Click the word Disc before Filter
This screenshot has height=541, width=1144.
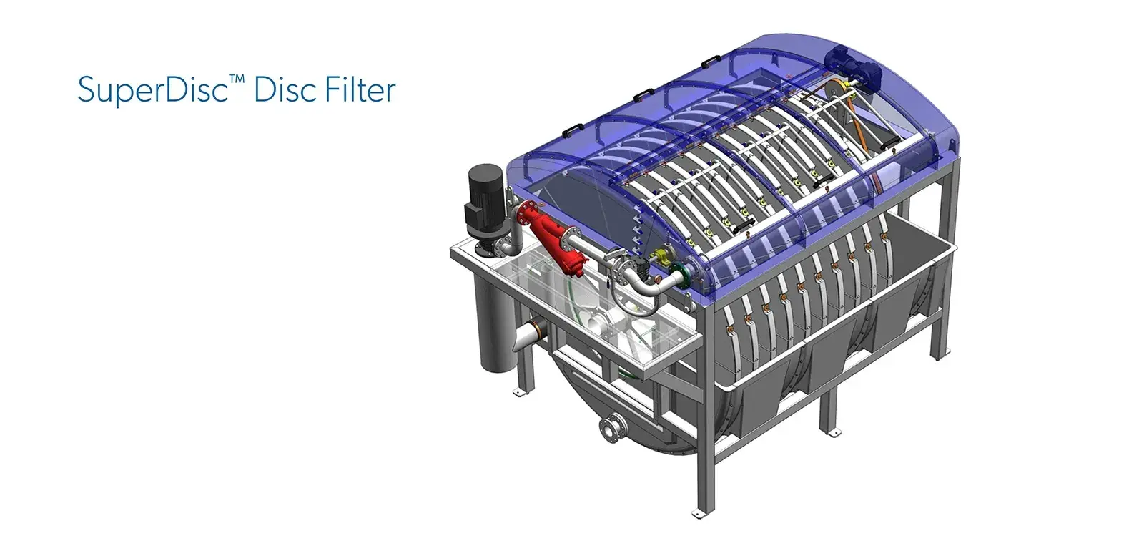pyautogui.click(x=286, y=90)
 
